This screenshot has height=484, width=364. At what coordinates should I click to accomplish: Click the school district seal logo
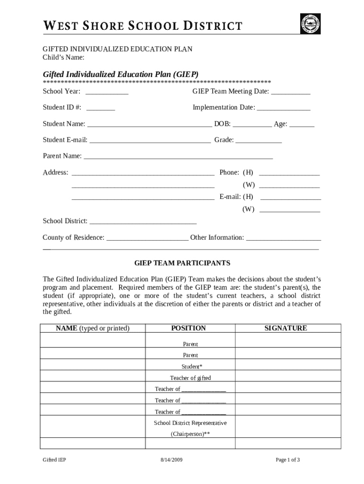310,23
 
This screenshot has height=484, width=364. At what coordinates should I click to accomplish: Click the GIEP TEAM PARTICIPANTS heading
182,263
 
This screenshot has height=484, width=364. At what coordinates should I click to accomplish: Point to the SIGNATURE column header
286,328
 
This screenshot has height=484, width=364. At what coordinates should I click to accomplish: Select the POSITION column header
189,328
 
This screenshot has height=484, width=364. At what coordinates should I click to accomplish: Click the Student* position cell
191,366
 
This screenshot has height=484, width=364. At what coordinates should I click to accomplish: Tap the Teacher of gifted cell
191,378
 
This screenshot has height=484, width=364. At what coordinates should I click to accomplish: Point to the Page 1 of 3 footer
288,460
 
